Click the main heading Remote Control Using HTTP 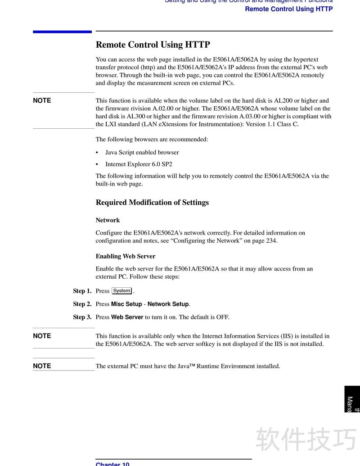[x=153, y=45]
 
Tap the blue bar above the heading [x=62, y=32]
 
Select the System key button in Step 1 [x=122, y=291]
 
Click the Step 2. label [x=82, y=304]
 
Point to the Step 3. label [x=82, y=317]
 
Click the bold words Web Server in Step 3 [x=127, y=317]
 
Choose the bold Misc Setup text [x=126, y=304]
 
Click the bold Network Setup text [x=168, y=304]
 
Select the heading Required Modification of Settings [x=152, y=202]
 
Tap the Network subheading [x=108, y=220]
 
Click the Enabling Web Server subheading [x=125, y=256]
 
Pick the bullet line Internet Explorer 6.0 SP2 [x=139, y=164]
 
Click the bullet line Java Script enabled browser [x=142, y=152]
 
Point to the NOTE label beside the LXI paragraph [x=42, y=100]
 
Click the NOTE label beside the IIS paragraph [x=42, y=336]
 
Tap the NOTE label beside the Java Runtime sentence [x=42, y=366]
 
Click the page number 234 [x=271, y=240]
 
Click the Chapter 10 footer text [x=112, y=464]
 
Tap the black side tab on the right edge [x=352, y=399]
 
